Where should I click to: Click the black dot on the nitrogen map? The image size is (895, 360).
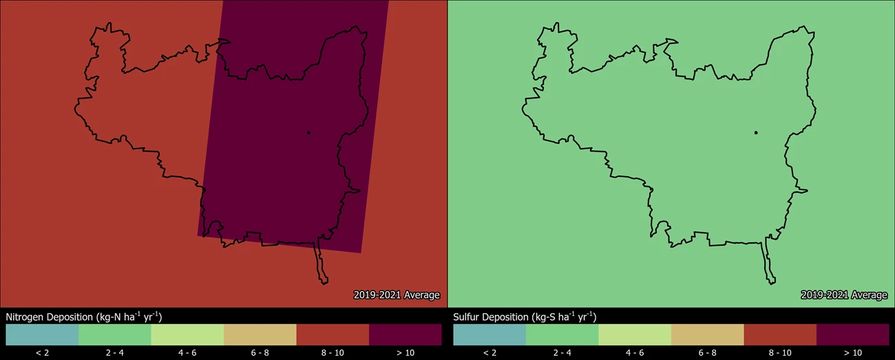pos(308,133)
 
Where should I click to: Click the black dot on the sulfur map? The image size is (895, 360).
pos(756,133)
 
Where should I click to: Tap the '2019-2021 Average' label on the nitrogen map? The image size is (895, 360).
pos(397,295)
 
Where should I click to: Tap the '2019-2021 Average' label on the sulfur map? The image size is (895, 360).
pos(844,295)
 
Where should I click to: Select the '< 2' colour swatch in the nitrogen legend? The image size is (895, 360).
pos(42,335)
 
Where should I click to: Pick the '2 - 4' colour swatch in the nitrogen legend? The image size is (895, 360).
pos(115,335)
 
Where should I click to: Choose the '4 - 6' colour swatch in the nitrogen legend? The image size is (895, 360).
pos(187,335)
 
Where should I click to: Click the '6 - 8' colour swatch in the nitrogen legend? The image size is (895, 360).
pos(260,335)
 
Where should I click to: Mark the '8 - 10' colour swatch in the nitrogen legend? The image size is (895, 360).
pos(333,335)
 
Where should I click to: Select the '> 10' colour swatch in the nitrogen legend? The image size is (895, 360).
pos(406,335)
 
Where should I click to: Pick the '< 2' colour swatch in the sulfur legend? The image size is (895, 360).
pos(489,335)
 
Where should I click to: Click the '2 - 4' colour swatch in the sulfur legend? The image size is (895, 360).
pos(562,335)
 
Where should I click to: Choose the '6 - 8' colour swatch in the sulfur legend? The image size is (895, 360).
pos(708,335)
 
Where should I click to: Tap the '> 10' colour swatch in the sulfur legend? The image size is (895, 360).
pos(853,335)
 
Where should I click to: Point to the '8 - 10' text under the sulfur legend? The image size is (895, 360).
pos(780,353)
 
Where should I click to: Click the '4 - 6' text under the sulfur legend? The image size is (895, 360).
pos(635,353)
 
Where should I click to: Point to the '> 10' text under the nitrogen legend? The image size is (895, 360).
pos(406,353)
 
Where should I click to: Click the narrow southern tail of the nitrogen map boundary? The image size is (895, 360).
pos(321,265)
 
